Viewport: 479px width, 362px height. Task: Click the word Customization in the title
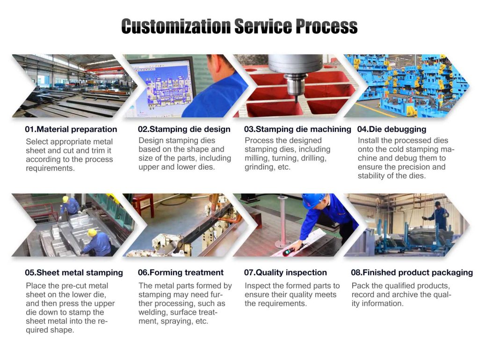click(x=175, y=26)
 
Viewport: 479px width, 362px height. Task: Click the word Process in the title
click(x=322, y=26)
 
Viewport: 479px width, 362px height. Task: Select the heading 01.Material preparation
click(x=71, y=129)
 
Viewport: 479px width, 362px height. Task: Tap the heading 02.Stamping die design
click(x=184, y=129)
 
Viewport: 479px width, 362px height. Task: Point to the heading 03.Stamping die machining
click(x=298, y=129)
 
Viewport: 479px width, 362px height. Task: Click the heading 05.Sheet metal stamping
click(x=74, y=273)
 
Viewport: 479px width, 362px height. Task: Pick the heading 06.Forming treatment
click(x=181, y=273)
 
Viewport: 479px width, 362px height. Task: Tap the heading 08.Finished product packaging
click(x=412, y=273)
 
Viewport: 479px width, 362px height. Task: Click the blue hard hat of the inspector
click(x=312, y=200)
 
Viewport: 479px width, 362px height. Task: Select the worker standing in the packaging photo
click(x=438, y=216)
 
